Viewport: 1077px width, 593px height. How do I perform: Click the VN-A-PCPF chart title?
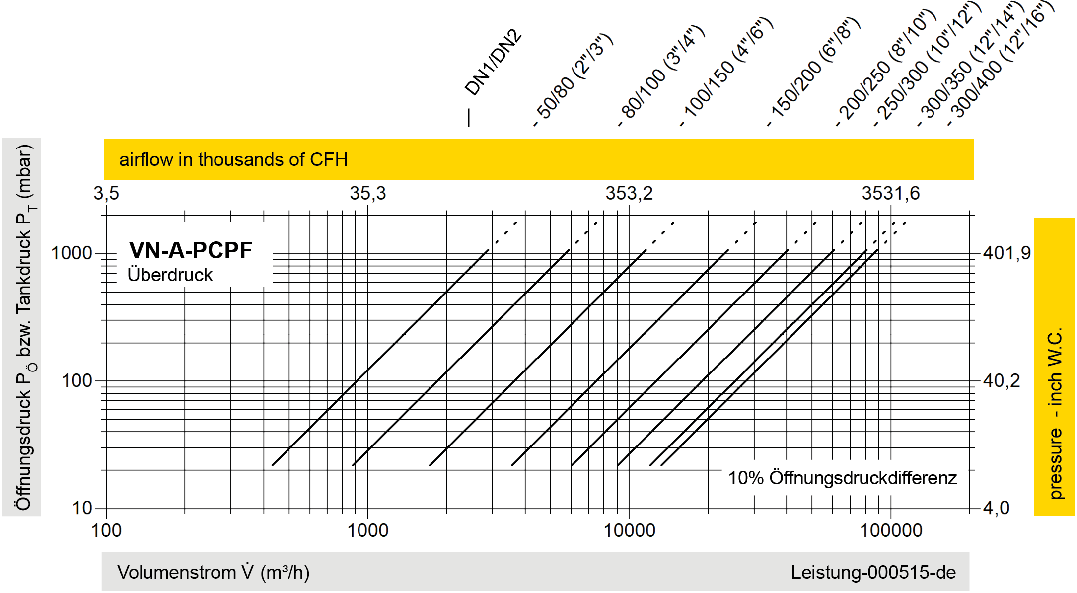(x=191, y=250)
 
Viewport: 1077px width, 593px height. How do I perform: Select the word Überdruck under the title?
(x=170, y=275)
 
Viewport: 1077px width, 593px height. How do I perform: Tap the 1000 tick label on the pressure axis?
(x=72, y=253)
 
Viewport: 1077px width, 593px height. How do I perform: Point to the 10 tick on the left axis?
(x=82, y=508)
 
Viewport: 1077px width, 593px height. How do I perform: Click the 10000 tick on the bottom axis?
(x=629, y=531)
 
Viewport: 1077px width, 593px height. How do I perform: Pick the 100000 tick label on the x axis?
(x=891, y=531)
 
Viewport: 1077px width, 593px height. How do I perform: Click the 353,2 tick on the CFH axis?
(x=629, y=193)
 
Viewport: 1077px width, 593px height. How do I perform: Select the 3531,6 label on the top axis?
(x=891, y=193)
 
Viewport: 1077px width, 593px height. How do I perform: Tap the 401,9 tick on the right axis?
(x=1007, y=253)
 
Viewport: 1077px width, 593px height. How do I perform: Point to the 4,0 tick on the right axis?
(x=996, y=508)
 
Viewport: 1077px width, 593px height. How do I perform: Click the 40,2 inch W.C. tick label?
(x=1002, y=381)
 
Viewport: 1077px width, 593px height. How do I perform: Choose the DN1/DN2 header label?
(x=493, y=63)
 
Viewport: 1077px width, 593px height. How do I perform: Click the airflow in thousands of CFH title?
(x=233, y=159)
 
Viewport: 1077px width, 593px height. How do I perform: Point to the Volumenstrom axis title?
(x=214, y=572)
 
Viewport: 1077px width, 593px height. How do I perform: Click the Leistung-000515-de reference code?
(x=873, y=572)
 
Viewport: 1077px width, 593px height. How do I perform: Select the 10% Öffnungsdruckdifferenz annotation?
(x=842, y=478)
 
